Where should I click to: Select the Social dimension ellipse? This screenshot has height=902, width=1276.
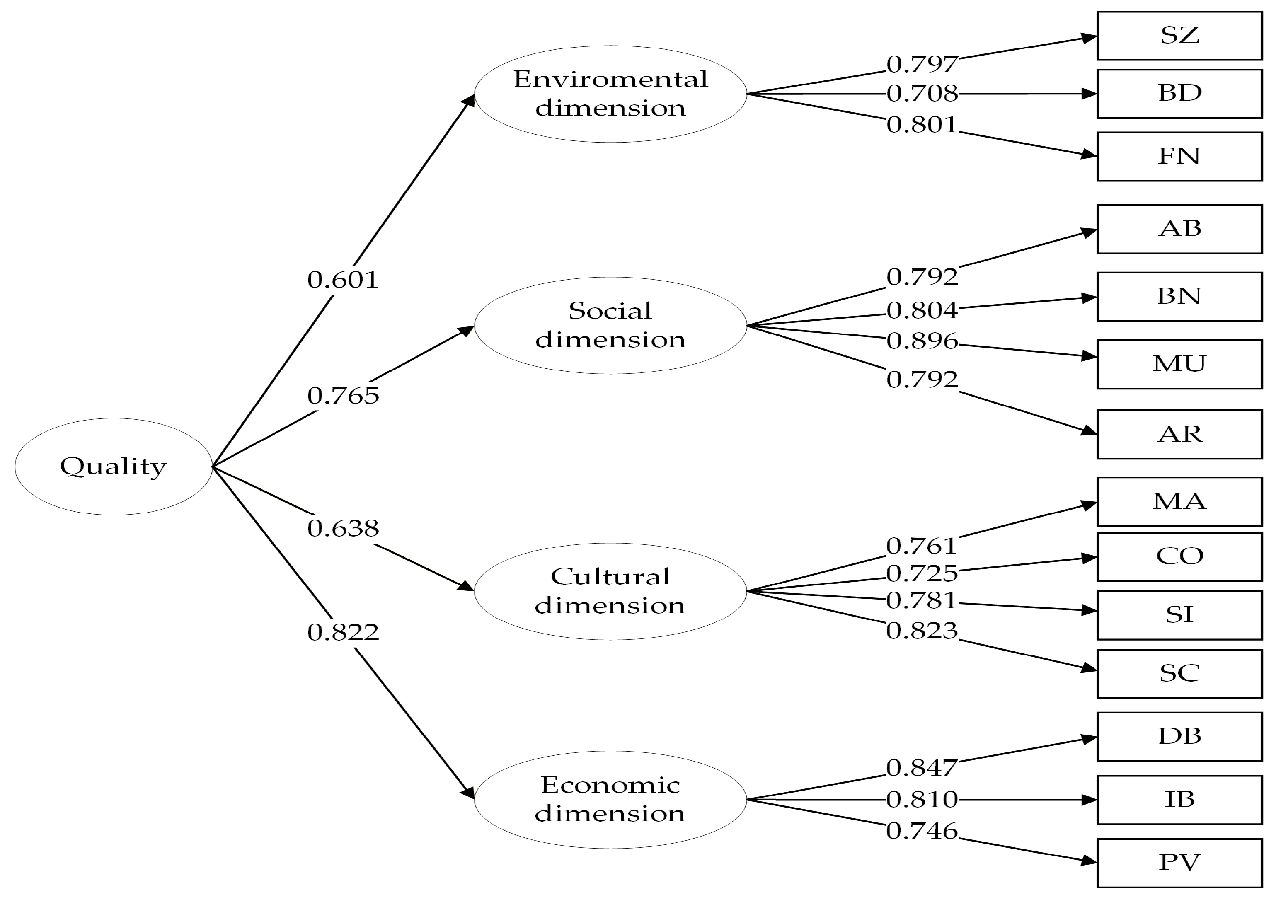coord(610,325)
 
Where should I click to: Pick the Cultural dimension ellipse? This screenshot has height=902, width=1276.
coord(610,591)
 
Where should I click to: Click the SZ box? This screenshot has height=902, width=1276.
coord(1179,36)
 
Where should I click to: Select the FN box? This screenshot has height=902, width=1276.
coord(1179,156)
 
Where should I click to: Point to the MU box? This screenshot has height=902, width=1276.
coord(1179,364)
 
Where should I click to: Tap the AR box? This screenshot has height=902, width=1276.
coord(1179,434)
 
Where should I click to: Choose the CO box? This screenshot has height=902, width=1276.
coord(1179,556)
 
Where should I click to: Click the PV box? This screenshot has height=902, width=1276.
coord(1179,863)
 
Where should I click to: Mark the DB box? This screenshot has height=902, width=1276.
coord(1179,736)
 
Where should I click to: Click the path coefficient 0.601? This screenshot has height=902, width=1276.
coord(343,280)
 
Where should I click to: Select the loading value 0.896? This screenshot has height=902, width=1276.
coord(922,341)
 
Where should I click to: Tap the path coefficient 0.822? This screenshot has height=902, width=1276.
coord(343,632)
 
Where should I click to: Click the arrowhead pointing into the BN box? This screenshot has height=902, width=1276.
coord(1089,298)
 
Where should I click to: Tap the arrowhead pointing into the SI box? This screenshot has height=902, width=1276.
coord(1089,611)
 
